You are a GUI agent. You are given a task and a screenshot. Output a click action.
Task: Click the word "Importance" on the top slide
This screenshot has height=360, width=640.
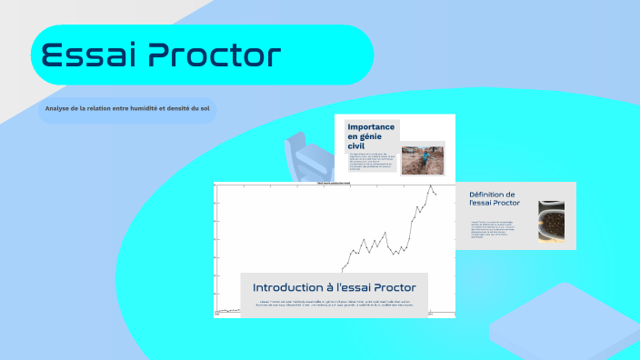click(371, 127)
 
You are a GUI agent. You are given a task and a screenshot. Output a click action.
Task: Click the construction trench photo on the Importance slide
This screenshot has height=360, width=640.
click(422, 159)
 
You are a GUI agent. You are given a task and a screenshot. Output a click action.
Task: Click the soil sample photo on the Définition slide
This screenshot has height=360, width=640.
click(553, 222)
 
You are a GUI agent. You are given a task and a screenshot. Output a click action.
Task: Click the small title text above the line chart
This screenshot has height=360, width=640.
click(334, 183)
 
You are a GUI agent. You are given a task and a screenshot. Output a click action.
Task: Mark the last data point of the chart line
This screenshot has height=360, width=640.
click(436, 195)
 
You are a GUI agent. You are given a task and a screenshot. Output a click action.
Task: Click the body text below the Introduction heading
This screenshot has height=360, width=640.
click(335, 303)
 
